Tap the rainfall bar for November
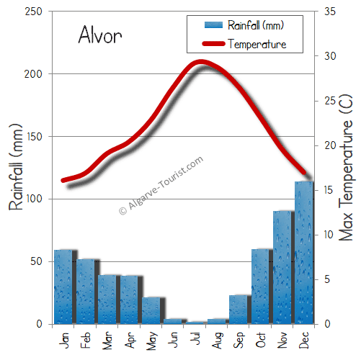click(x=282, y=266)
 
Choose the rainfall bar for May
click(x=151, y=310)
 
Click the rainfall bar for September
click(x=238, y=309)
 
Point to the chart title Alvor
click(x=100, y=35)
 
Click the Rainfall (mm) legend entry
click(x=255, y=26)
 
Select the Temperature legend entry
click(x=257, y=45)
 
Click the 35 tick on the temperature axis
click(x=331, y=12)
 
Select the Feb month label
click(x=86, y=337)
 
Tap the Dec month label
click(x=306, y=337)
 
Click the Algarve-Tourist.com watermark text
click(x=161, y=186)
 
